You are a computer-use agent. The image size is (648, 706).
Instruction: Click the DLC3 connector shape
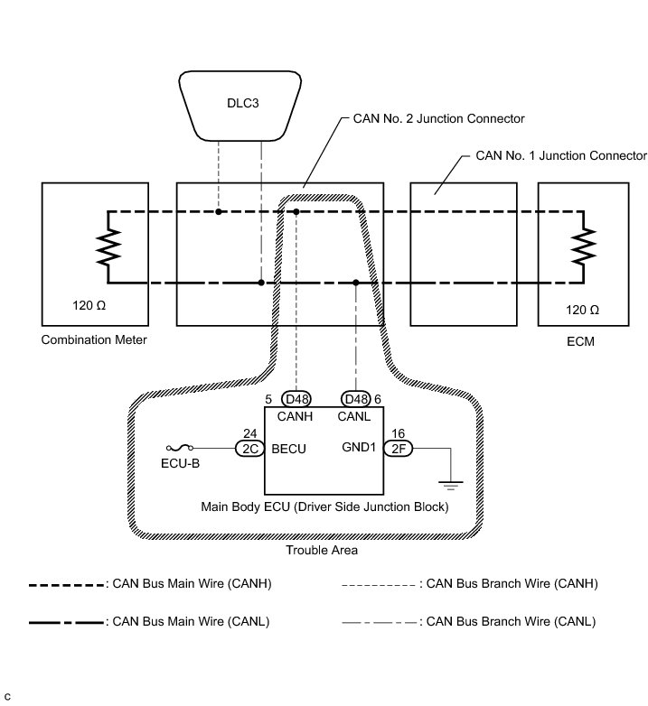[x=240, y=106]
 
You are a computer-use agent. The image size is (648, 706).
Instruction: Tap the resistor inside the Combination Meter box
[x=108, y=246]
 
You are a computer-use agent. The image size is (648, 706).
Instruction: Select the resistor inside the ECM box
[x=584, y=246]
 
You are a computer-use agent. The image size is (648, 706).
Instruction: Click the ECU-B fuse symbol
[x=180, y=448]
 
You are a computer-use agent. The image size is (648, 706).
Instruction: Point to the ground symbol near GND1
[x=450, y=486]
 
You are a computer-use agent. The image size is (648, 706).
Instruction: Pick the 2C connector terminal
[x=249, y=449]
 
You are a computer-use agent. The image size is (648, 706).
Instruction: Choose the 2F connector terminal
[x=398, y=449]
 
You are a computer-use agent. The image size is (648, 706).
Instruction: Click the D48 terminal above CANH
[x=296, y=399]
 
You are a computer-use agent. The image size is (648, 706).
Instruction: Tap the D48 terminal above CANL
[x=355, y=399]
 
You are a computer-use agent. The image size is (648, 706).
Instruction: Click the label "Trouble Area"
[x=322, y=550]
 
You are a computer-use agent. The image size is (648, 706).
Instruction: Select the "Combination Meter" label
[x=94, y=339]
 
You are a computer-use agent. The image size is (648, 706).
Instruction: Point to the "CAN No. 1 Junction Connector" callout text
[x=561, y=155]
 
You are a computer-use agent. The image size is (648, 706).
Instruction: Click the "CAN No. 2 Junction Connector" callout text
[x=438, y=118]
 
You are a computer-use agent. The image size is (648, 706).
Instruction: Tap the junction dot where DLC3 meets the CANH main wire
[x=219, y=211]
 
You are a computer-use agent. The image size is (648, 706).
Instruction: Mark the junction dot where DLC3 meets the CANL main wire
[x=261, y=283]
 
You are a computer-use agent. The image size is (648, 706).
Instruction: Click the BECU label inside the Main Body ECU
[x=289, y=449]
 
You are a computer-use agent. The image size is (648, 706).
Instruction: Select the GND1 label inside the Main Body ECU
[x=359, y=447]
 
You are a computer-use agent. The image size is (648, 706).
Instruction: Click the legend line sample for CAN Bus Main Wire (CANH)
[x=67, y=585]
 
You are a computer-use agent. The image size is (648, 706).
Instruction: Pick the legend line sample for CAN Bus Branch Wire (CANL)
[x=380, y=623]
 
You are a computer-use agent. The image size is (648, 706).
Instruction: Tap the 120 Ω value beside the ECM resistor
[x=582, y=310]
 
